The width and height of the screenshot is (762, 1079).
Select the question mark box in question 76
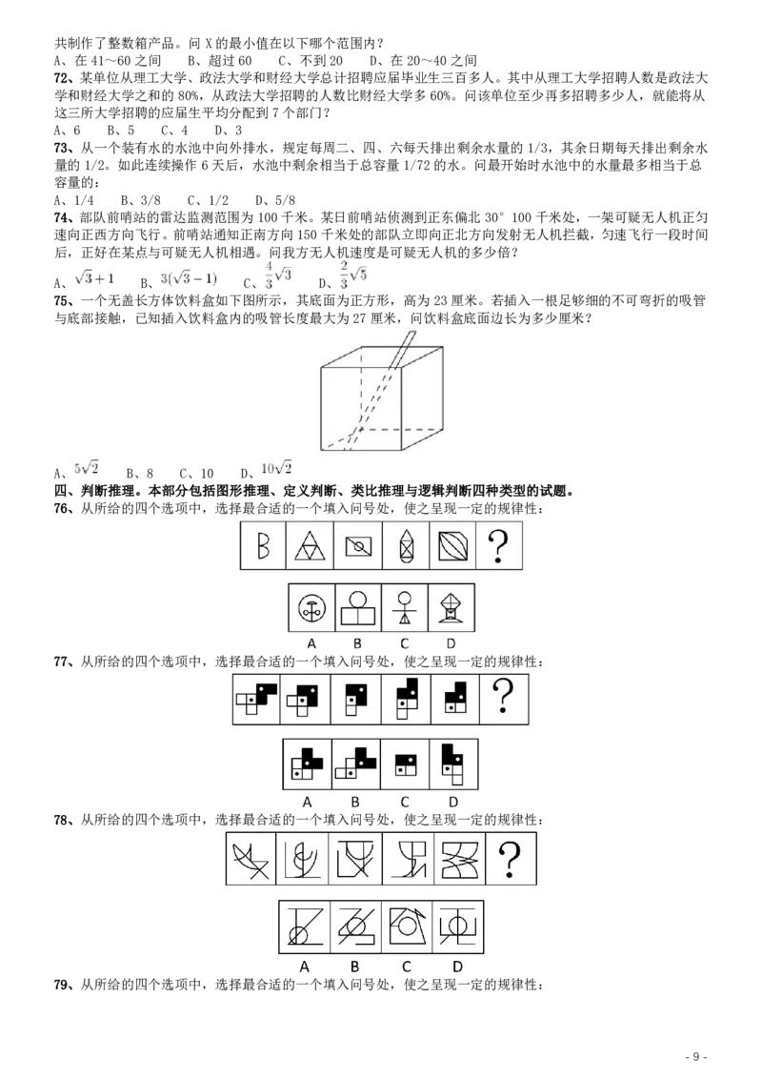click(x=498, y=545)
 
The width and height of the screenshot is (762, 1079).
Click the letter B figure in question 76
click(x=263, y=545)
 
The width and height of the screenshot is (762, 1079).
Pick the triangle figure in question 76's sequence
click(x=310, y=545)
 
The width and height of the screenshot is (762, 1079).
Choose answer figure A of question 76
click(x=311, y=607)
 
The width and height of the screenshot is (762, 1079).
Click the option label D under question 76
click(x=451, y=644)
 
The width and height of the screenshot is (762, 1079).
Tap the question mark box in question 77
click(x=504, y=699)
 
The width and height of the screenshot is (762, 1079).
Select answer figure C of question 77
click(x=405, y=764)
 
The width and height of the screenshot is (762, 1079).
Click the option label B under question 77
click(x=355, y=802)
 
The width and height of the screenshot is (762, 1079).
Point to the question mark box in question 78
click(x=511, y=859)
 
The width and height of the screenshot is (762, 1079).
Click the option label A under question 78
click(x=304, y=967)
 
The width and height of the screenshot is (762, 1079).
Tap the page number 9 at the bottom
click(x=696, y=1056)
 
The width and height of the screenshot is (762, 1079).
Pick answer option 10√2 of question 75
click(x=276, y=469)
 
